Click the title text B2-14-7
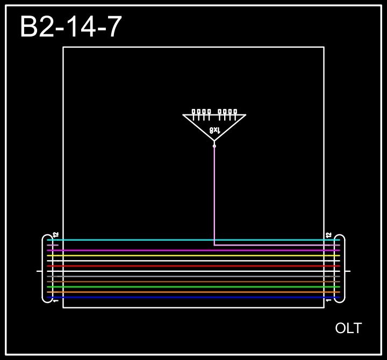pos(71,27)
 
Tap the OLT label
pos(348,328)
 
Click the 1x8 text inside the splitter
pos(214,131)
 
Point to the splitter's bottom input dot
pos(214,146)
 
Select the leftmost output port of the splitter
pos(193,112)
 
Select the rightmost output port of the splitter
pos(235,112)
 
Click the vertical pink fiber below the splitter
pos(214,193)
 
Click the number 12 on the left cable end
pos(56,235)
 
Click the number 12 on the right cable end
pos(329,235)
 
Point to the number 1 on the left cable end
pos(56,301)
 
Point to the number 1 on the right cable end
pos(329,301)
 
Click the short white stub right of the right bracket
pos(348,271)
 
